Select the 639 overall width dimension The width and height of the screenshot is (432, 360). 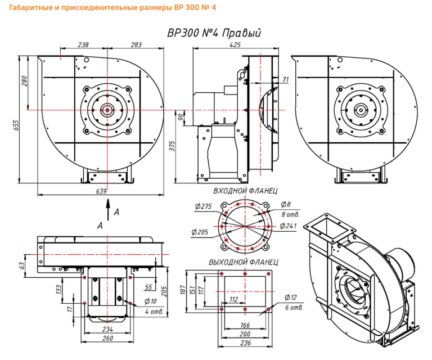tap(102, 192)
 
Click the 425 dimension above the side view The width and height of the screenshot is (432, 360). tap(236, 44)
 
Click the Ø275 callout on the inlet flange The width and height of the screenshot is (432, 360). tap(201, 206)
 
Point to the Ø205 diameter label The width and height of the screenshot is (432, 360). tap(200, 232)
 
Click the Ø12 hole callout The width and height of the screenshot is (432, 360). tap(291, 298)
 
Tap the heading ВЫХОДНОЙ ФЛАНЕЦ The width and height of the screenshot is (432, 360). tap(243, 263)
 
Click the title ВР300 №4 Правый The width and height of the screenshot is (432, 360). tap(214, 33)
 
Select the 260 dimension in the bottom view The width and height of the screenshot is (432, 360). tap(108, 338)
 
